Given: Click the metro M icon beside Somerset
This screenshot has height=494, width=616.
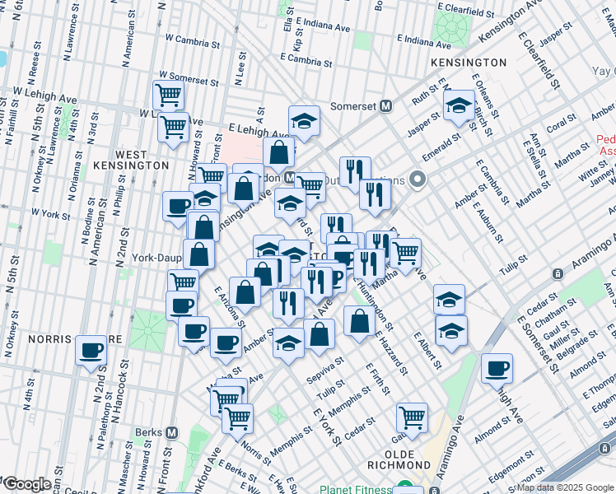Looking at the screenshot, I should click(x=385, y=106).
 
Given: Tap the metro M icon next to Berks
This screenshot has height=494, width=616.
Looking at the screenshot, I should click(x=171, y=432).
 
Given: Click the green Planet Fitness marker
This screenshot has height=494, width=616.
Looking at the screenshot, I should click(x=404, y=487).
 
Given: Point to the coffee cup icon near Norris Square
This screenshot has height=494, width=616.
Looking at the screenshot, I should click(x=91, y=349).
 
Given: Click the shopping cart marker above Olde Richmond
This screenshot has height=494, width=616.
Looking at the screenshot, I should click(x=411, y=417).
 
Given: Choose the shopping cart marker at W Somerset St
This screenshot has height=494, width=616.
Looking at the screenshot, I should click(x=168, y=95).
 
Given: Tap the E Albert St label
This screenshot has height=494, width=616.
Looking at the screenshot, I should click(x=429, y=352).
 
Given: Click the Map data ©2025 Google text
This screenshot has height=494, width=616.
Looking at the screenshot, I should click(x=563, y=487).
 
